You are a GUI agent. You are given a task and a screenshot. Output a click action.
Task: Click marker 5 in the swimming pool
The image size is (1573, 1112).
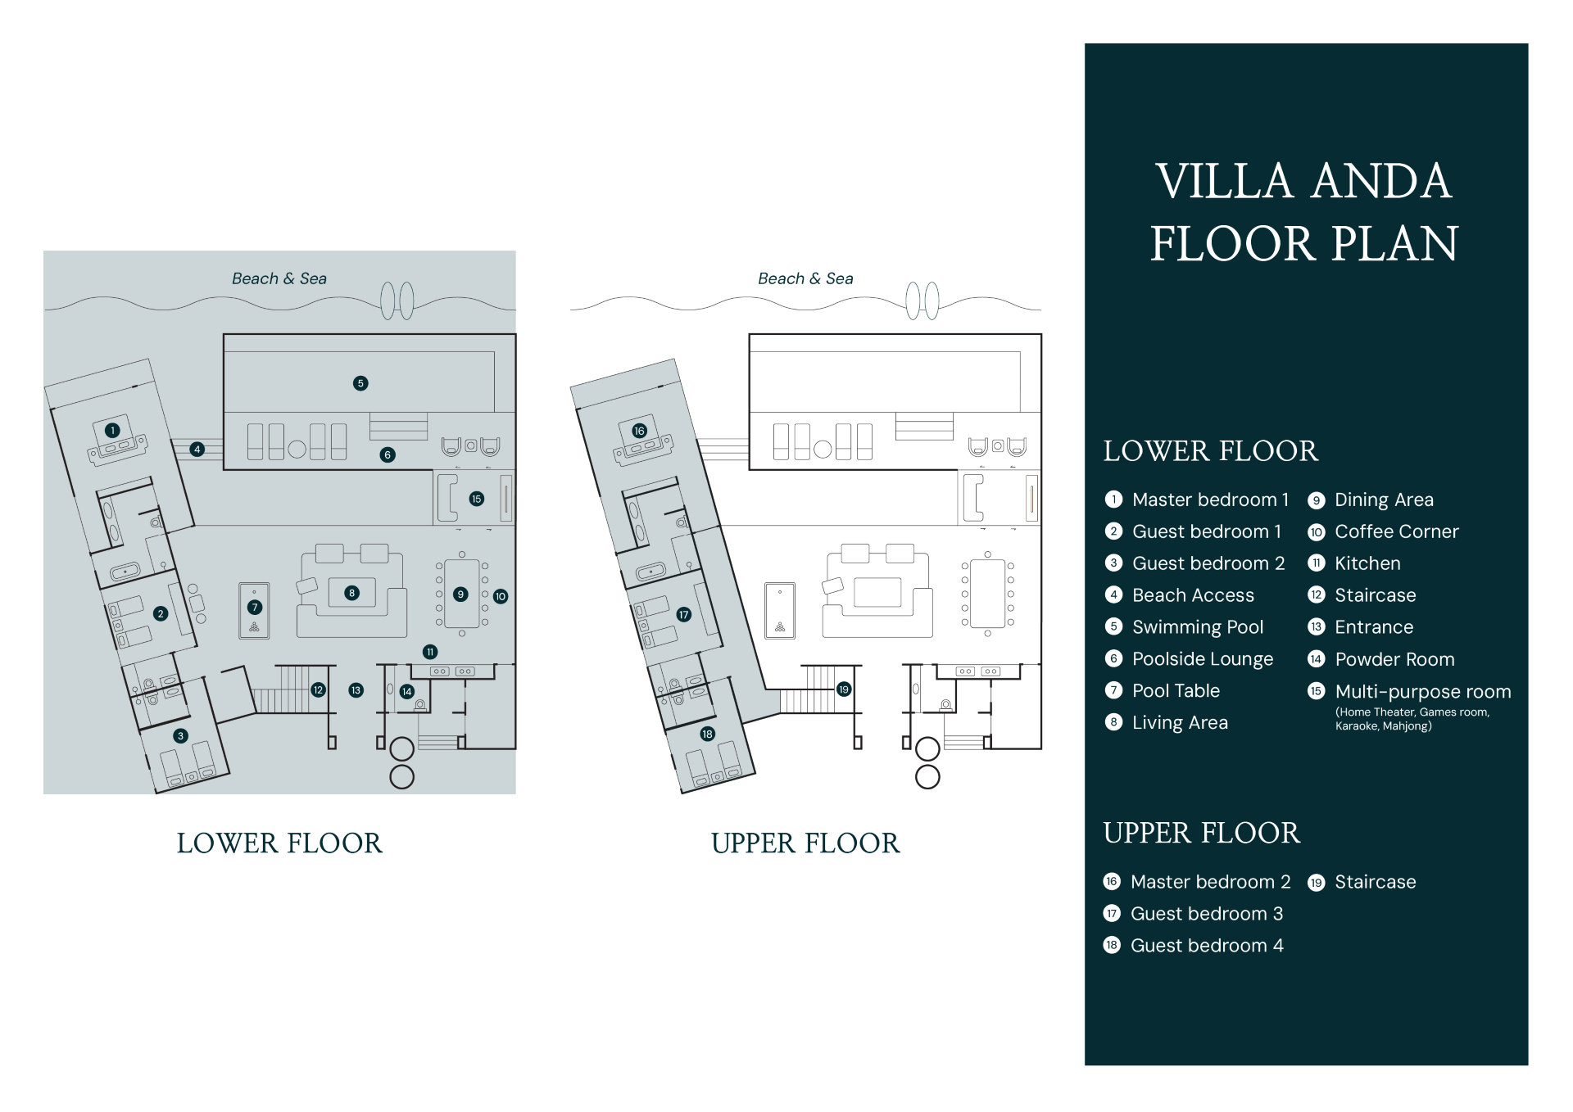(x=360, y=383)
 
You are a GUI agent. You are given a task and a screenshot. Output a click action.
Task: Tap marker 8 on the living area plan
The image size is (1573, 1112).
(x=352, y=593)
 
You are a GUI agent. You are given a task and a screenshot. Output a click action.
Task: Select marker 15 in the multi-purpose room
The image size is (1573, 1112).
(x=477, y=499)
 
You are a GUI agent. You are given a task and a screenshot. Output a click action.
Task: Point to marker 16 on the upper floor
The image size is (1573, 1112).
(x=639, y=431)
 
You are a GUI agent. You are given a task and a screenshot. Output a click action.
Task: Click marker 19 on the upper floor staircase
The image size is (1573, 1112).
(x=844, y=689)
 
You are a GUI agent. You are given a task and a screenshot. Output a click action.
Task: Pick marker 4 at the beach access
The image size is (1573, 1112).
(x=197, y=449)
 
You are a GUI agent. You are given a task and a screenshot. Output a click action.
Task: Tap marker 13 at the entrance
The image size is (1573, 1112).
(x=356, y=690)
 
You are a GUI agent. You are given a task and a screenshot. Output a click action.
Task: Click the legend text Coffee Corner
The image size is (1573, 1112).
(x=1396, y=531)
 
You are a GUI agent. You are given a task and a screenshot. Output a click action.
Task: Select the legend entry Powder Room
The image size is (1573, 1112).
(x=1394, y=659)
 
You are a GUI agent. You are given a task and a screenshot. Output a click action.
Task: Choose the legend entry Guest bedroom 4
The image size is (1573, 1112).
(x=1206, y=946)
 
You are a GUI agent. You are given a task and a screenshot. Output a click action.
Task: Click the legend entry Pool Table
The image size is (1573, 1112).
(x=1176, y=691)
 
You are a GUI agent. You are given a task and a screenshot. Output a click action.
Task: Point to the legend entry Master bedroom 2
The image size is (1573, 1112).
(x=1210, y=882)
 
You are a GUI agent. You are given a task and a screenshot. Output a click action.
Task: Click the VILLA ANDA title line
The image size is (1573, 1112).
(x=1303, y=181)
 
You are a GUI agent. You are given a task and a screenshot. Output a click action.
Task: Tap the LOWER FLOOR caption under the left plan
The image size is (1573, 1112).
(x=279, y=843)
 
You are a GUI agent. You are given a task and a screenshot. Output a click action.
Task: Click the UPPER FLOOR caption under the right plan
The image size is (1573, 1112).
(x=805, y=843)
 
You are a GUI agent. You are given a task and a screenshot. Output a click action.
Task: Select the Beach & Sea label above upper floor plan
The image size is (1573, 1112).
(x=805, y=278)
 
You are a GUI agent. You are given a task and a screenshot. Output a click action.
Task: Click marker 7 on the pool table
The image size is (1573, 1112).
(x=255, y=608)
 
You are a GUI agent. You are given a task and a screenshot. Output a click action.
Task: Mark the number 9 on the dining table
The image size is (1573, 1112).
(x=461, y=594)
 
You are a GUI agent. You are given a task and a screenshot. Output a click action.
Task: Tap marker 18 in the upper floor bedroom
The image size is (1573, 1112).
(x=707, y=734)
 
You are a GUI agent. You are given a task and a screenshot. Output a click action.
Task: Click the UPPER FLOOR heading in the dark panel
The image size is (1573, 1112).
(x=1201, y=833)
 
